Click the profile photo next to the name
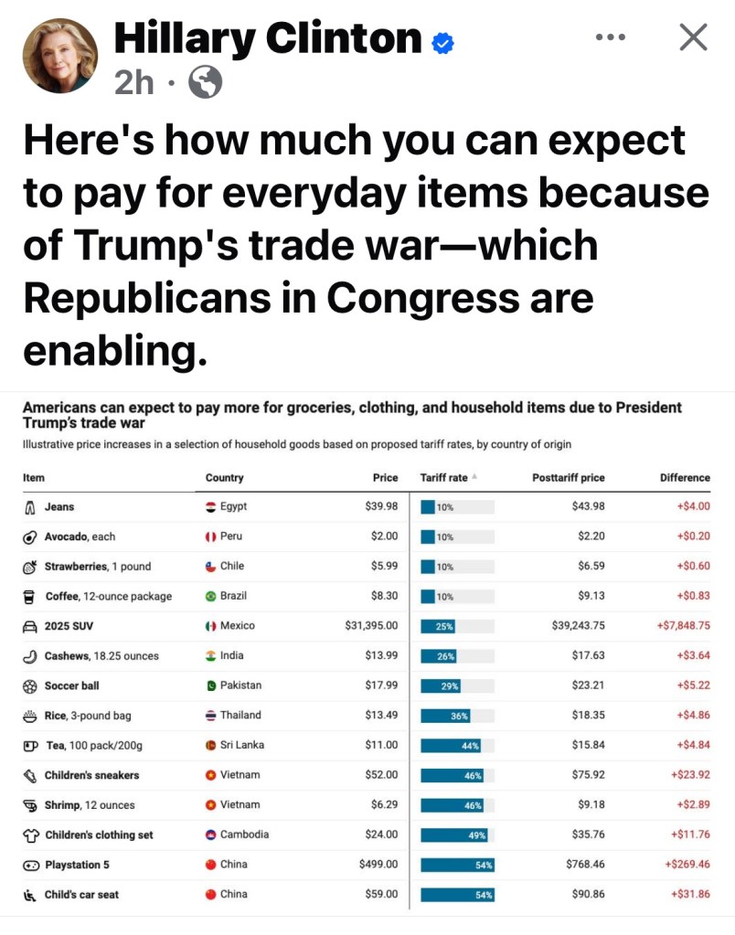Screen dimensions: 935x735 coord(60,55)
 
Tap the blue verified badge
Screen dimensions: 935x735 coord(443,41)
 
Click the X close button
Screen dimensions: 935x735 coord(694,37)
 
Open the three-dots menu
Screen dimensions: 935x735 coord(610,37)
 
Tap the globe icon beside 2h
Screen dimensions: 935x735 coord(205,84)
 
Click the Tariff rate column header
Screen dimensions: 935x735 coord(444,477)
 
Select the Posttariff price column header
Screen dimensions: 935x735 coord(568,477)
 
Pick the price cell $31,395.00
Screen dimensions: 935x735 coord(371,626)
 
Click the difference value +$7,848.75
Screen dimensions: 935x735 coord(683,626)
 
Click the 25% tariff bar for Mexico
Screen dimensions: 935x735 coord(439,626)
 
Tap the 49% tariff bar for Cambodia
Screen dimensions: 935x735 coord(454,834)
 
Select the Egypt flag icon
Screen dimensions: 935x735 coord(211,506)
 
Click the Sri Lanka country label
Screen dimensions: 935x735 coord(242,745)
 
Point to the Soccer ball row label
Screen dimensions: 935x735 coord(72,685)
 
